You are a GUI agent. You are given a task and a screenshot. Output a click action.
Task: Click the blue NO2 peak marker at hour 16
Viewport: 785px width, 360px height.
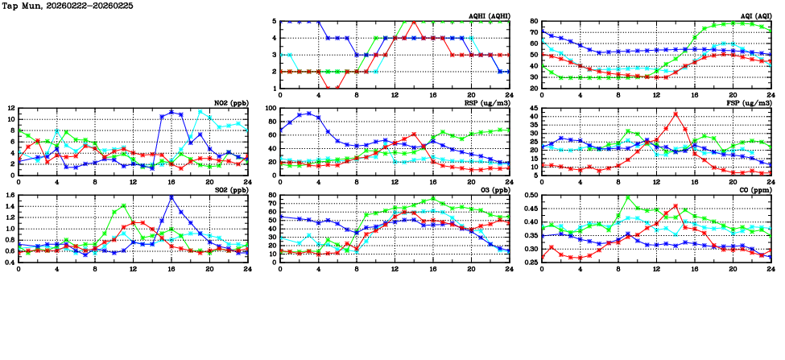(x=171, y=112)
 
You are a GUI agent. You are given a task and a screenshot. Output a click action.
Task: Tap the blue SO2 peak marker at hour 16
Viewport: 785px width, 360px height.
(x=171, y=197)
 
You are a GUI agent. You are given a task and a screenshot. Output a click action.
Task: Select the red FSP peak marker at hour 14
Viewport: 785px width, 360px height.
(x=676, y=114)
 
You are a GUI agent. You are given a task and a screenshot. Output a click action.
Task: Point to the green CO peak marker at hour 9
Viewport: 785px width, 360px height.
(x=628, y=198)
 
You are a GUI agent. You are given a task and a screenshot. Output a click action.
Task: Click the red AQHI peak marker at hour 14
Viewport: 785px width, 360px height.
(x=413, y=21)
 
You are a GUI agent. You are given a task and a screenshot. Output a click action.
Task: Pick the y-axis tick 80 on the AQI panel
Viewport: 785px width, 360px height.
(x=533, y=22)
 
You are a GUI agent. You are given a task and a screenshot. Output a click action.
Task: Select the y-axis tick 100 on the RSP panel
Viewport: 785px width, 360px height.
(x=270, y=108)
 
